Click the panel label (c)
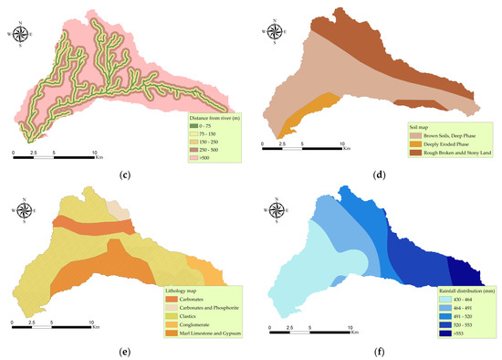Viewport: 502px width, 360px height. [125, 168]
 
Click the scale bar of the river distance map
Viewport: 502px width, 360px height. [54, 155]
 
